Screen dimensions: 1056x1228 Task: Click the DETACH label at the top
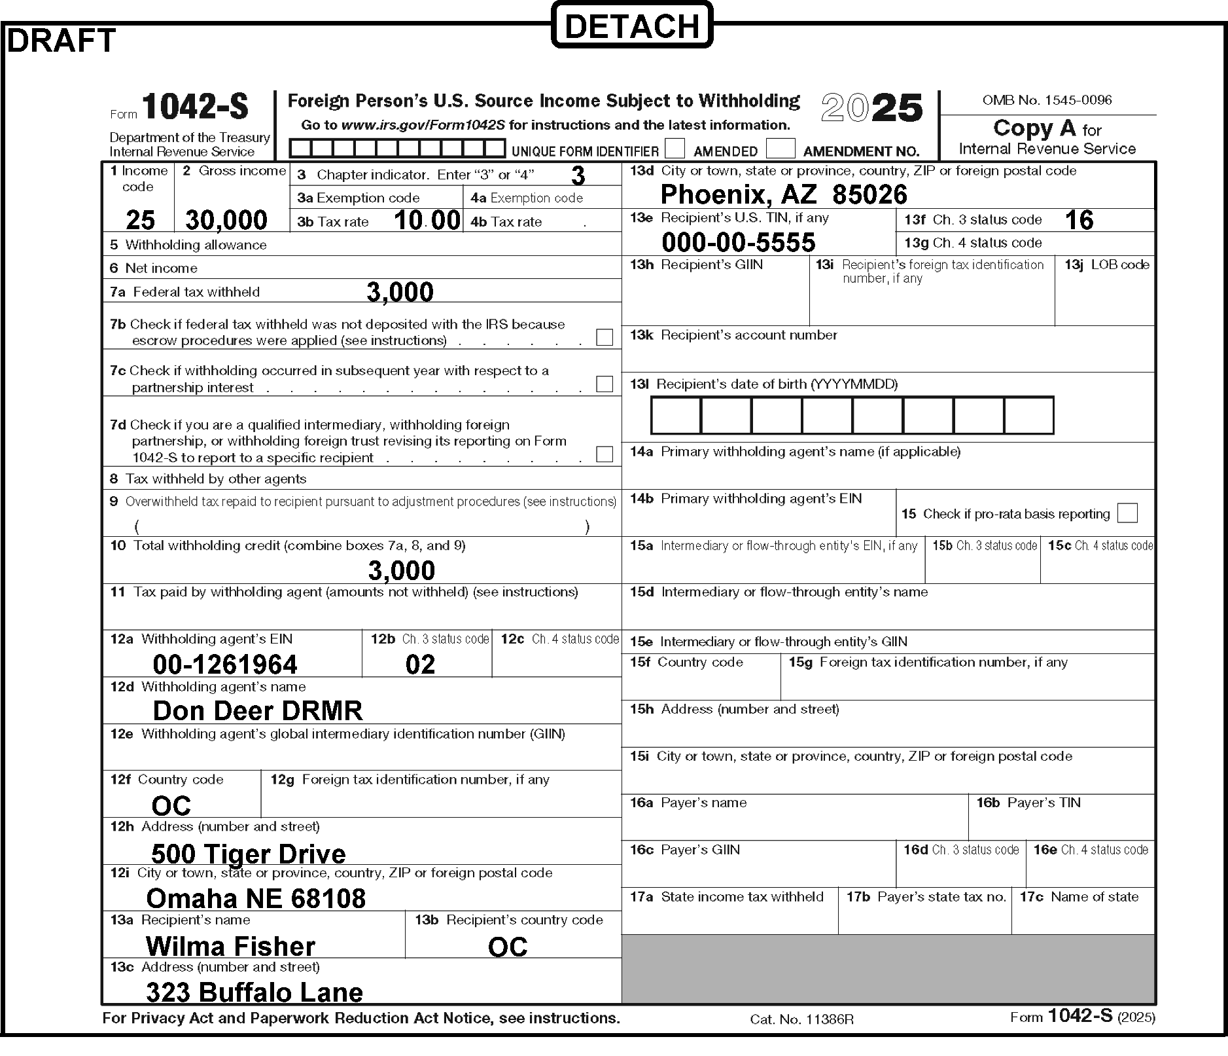coord(631,26)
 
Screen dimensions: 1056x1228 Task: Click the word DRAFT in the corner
coord(61,41)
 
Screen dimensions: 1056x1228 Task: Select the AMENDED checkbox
coord(675,149)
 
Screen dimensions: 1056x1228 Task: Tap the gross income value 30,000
coord(226,220)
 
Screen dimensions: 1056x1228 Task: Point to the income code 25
coord(140,220)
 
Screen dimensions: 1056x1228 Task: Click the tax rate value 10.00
coord(427,220)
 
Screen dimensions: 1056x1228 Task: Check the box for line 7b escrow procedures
coord(605,337)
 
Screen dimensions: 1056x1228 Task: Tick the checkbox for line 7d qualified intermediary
coord(605,454)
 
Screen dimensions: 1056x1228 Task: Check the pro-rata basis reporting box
coord(1127,513)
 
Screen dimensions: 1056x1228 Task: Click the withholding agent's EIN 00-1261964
coord(225,665)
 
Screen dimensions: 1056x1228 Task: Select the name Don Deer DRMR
coord(258,710)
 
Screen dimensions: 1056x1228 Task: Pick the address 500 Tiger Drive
coord(249,854)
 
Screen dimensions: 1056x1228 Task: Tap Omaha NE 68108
coord(256,898)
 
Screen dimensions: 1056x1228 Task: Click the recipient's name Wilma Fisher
coord(230,946)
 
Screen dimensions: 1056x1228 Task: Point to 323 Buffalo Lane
coord(254,992)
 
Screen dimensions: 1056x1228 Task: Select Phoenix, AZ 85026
coord(784,194)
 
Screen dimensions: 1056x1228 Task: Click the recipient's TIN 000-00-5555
coord(739,242)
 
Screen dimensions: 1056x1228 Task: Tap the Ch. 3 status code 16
coord(1079,220)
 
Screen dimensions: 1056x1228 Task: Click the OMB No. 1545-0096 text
coord(1047,100)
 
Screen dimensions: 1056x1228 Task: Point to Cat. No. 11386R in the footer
coord(801,1019)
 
